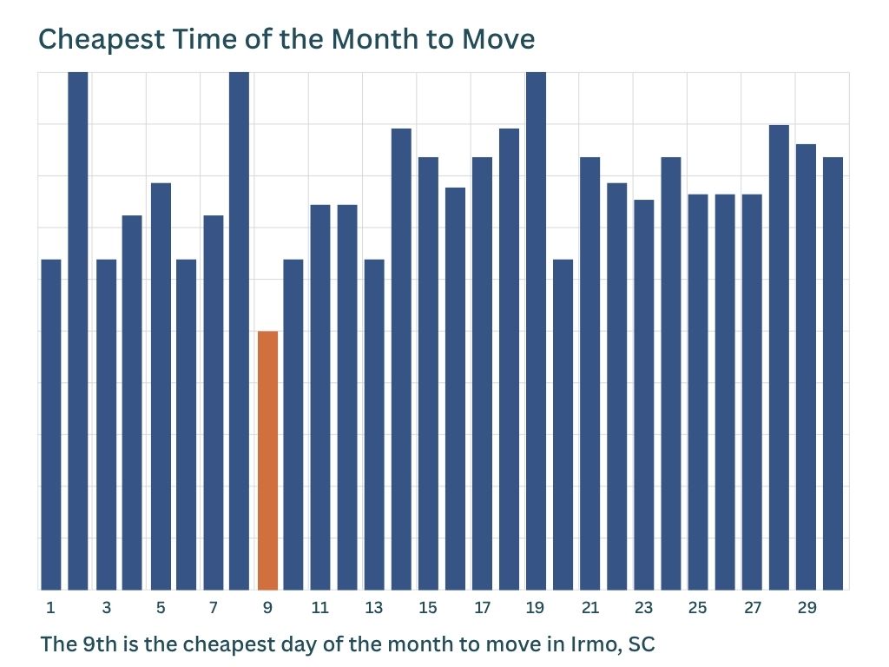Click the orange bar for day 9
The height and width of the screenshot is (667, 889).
tap(267, 460)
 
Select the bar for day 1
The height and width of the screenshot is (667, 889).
tap(51, 425)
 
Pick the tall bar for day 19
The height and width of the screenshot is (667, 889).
tap(536, 331)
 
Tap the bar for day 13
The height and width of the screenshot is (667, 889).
tap(374, 425)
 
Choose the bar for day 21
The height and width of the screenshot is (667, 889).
tap(589, 373)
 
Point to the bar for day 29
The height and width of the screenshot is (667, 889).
tap(806, 367)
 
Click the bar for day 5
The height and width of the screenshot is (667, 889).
tap(161, 386)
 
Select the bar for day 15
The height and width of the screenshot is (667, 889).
tap(428, 373)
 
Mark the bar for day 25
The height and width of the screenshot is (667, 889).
tap(698, 392)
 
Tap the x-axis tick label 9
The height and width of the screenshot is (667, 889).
tap(267, 608)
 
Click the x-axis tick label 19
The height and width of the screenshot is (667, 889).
tap(535, 608)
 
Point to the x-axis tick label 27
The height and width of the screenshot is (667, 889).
tap(753, 608)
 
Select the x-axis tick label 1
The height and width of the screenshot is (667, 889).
tap(50, 608)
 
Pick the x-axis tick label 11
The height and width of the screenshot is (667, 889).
tap(319, 608)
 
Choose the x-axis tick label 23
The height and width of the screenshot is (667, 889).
tap(643, 608)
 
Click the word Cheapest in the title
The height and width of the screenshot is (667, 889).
tap(102, 40)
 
